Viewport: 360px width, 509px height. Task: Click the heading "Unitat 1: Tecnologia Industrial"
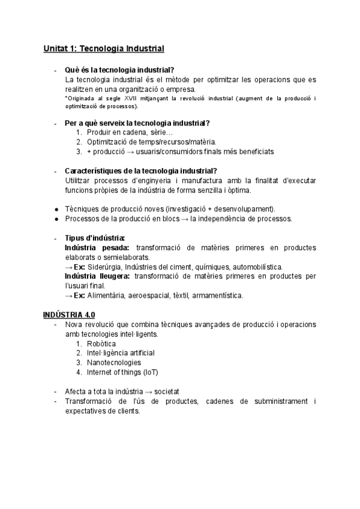[x=103, y=48]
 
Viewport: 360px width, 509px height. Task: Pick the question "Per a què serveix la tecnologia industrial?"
[x=137, y=123]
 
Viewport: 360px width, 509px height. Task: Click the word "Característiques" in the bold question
[x=97, y=170]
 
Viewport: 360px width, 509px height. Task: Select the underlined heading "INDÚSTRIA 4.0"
[x=69, y=315]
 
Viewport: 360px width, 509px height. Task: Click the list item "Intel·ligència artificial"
[x=120, y=353]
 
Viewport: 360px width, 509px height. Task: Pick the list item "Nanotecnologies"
[x=114, y=363]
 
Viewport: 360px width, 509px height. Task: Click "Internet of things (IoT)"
[x=122, y=372]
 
